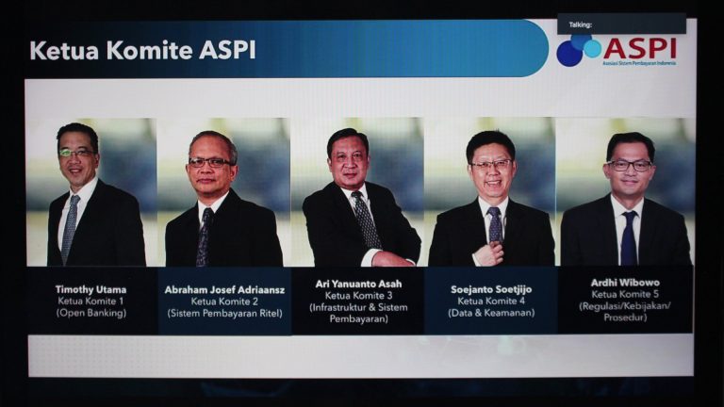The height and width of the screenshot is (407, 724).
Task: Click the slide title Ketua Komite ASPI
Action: (142, 50)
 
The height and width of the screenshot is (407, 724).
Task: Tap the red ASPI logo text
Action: (639, 48)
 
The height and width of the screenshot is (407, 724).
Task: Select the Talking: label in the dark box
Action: (581, 24)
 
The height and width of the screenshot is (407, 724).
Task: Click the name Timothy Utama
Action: (90, 289)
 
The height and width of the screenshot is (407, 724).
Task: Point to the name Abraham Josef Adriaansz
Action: (224, 290)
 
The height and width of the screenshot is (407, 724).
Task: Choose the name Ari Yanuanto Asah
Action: (358, 284)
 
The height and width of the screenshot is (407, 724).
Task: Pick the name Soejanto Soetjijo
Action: (491, 289)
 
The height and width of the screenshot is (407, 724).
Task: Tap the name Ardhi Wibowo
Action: (625, 283)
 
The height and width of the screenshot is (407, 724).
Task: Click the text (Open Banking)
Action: (91, 313)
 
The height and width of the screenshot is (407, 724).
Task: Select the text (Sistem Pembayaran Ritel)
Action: (225, 314)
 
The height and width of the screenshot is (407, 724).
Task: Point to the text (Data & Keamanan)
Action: (491, 313)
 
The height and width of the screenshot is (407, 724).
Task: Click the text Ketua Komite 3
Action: (358, 295)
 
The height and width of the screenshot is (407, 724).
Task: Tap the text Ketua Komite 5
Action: (625, 294)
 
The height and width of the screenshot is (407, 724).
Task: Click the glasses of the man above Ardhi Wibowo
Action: (631, 165)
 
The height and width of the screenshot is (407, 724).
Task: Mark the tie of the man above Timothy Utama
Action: (70, 228)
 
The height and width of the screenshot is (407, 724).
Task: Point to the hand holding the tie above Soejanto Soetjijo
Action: (490, 253)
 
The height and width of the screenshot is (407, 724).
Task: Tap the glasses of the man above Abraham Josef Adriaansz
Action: (210, 162)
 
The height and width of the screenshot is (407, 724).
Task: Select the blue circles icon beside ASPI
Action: (578, 50)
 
